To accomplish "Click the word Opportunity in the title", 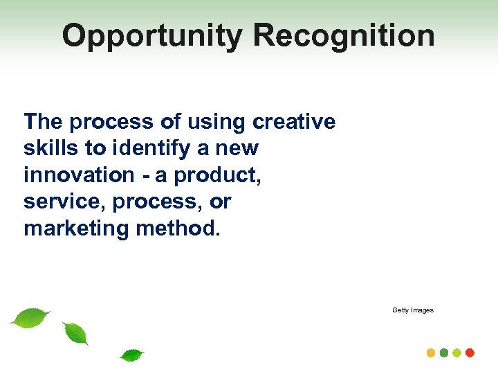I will click(x=152, y=36).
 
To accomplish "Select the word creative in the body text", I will click(x=294, y=122).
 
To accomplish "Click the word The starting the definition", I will click(x=44, y=122).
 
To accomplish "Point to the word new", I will click(x=239, y=148).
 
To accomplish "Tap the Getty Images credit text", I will click(x=413, y=310).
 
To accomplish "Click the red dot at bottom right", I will click(x=470, y=353).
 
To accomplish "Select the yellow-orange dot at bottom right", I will click(x=431, y=353).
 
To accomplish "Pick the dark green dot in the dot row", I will click(x=444, y=353).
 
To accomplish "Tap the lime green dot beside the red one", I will click(x=457, y=353).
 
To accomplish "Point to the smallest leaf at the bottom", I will click(x=131, y=355).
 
